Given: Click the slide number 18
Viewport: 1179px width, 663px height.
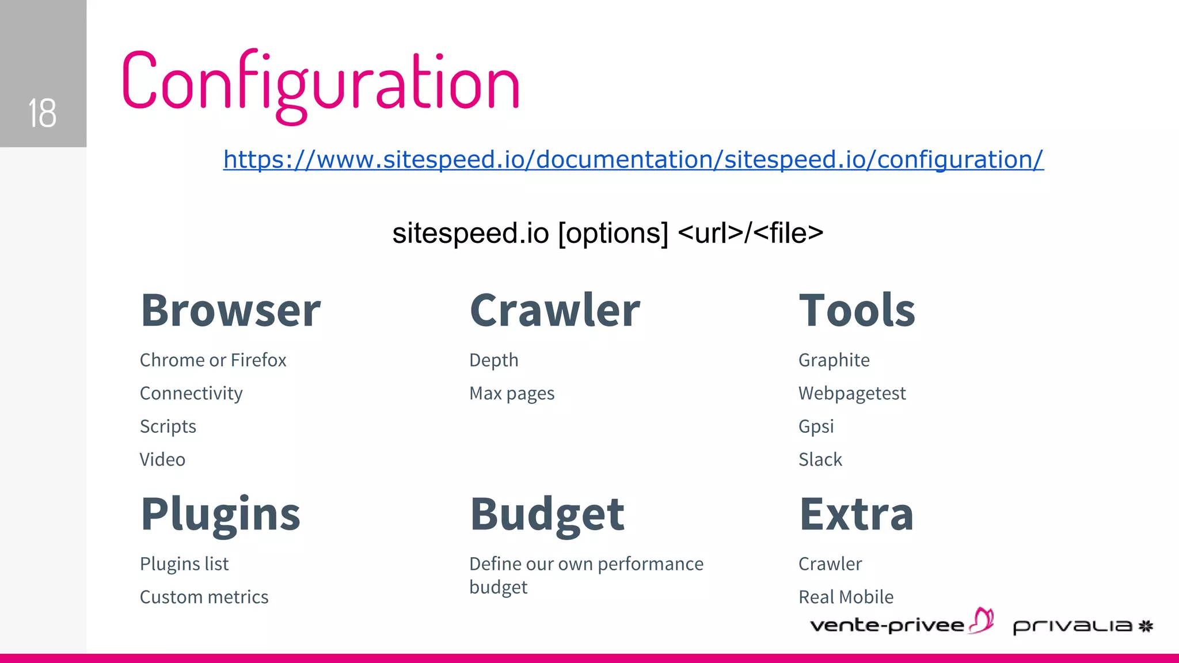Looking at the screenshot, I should (42, 113).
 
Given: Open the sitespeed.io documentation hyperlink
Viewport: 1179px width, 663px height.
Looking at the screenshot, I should (633, 159).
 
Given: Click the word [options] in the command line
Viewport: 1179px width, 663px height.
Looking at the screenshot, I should (613, 233).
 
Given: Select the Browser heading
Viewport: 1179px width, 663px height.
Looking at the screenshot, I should (230, 310).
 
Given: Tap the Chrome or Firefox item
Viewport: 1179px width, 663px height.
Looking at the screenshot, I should (213, 360).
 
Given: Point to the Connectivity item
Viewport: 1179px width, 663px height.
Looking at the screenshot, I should (191, 394).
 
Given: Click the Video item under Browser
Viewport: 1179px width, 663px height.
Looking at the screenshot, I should (162, 460).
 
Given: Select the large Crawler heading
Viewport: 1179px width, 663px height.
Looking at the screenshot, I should (554, 310).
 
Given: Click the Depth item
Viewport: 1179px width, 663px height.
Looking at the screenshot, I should (493, 360).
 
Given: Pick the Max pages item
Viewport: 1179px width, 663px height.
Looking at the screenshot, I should (512, 394).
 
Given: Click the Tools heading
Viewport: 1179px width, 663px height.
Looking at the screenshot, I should (857, 310).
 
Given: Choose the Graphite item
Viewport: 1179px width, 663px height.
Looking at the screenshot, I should (834, 360).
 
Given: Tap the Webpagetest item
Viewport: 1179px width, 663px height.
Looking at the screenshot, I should (852, 394).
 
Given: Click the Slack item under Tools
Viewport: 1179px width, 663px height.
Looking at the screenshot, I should (820, 460).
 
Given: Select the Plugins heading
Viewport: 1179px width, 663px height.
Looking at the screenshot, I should (220, 514).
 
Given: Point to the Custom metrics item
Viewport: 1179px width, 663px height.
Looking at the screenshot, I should (204, 597).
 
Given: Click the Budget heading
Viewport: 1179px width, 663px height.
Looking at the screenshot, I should (547, 514).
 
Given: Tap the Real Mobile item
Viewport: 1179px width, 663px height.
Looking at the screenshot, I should (846, 597).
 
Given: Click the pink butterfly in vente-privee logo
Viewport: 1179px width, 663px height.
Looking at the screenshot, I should (982, 620).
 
